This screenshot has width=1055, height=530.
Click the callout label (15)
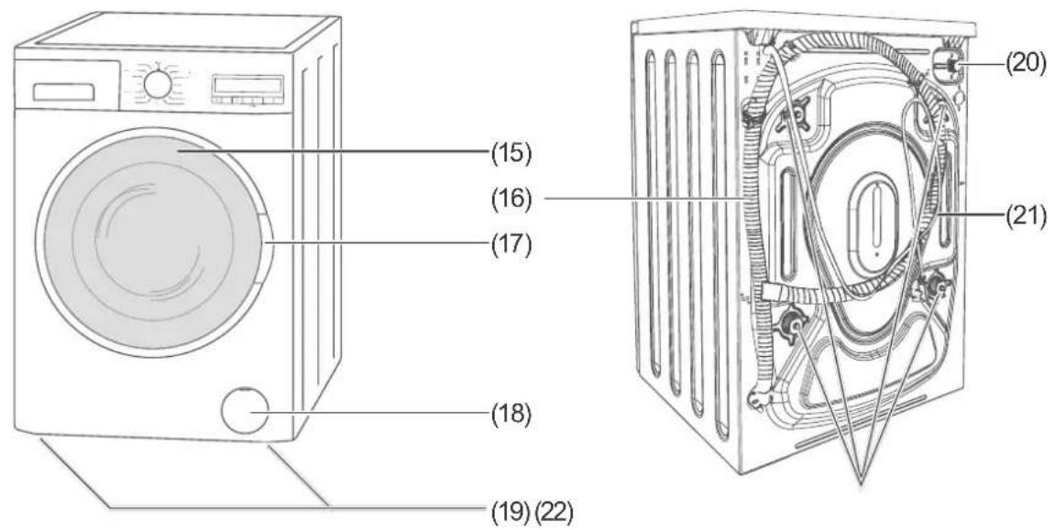(x=511, y=154)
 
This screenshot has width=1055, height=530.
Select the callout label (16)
(x=511, y=200)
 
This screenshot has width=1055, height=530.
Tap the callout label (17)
(x=511, y=243)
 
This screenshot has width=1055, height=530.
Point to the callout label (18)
(x=511, y=413)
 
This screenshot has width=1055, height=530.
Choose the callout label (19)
(x=511, y=513)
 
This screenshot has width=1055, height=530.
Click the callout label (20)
(x=1026, y=63)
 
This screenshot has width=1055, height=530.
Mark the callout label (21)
(x=1026, y=216)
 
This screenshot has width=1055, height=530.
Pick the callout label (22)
(x=554, y=513)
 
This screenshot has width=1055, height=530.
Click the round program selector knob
(x=157, y=83)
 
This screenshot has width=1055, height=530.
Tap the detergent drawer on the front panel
(x=64, y=92)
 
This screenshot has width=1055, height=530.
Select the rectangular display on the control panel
(x=247, y=86)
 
